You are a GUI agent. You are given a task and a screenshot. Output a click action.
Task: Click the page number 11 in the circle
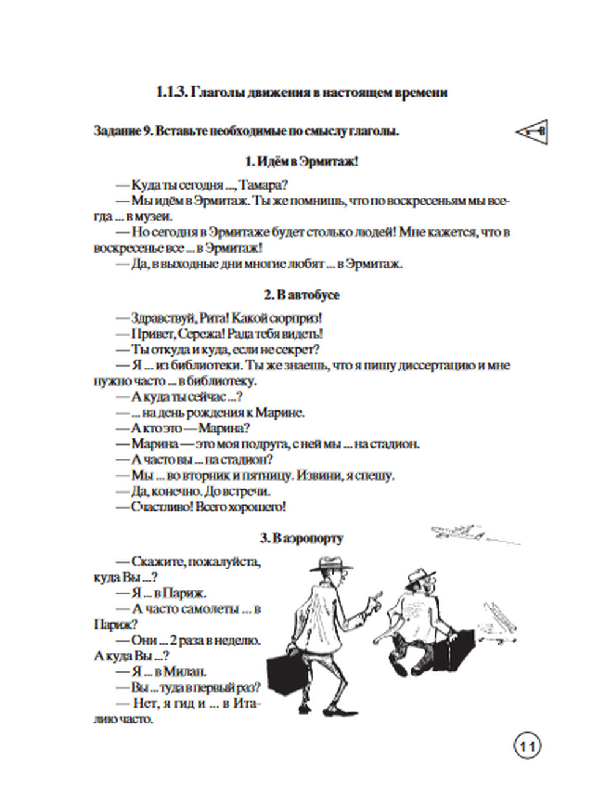pos(527,747)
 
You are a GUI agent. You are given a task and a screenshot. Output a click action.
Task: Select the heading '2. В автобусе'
pos(302,295)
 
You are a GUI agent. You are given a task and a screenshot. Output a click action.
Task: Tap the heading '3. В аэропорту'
pos(301,538)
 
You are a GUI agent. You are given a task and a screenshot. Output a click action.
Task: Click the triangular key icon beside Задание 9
pos(531,131)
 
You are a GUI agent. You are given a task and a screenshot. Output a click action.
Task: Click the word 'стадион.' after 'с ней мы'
pos(392,444)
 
